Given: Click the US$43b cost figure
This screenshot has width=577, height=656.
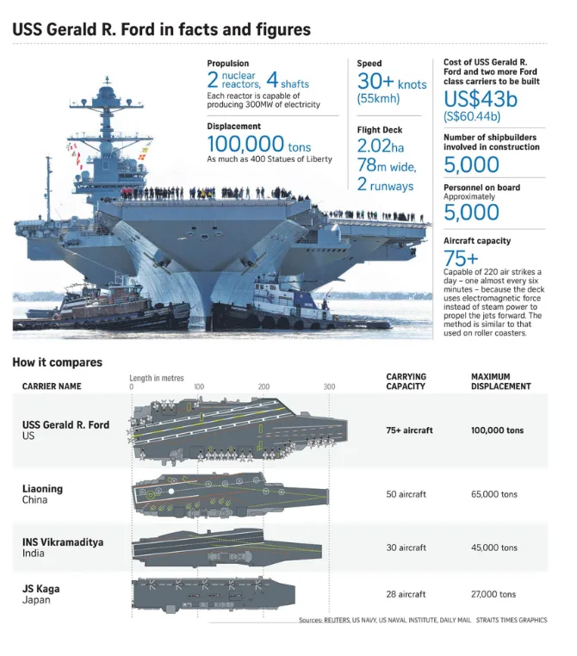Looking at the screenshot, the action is [481, 99].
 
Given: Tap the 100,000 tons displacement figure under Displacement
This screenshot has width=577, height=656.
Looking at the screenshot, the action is [259, 144].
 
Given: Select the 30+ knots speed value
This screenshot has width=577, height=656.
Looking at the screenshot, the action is [392, 82].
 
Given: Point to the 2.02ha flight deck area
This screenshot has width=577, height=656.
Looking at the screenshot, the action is [381, 146].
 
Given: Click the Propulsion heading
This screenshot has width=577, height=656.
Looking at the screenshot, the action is [227, 64].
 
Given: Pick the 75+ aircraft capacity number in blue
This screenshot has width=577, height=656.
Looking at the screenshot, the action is [461, 258].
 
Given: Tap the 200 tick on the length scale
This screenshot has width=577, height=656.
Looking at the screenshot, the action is [264, 387].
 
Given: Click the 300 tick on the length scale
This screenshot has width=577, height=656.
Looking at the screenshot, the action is [329, 387].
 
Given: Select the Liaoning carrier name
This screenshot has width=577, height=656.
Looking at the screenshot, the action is [42, 489].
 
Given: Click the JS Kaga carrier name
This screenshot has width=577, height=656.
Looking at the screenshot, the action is [41, 589].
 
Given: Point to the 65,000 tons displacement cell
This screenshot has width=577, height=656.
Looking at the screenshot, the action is [494, 494].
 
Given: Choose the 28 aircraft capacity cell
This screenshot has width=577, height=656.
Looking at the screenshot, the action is [406, 594].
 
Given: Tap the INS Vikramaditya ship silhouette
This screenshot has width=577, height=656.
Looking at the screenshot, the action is [226, 548].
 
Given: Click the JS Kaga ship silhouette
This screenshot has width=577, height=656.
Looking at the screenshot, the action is [214, 594].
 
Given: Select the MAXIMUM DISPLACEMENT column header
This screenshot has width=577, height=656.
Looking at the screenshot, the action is [501, 381].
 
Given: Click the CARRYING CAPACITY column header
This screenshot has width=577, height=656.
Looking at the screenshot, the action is [406, 381].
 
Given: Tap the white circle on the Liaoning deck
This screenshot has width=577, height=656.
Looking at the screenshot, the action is [171, 492].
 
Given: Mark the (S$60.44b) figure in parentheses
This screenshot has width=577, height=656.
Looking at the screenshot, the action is [472, 116].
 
